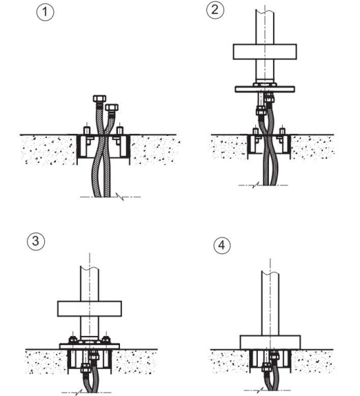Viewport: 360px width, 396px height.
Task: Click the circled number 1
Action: click(45, 12)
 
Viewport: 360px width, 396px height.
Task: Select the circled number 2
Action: click(215, 10)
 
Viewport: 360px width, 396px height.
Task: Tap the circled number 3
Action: click(36, 241)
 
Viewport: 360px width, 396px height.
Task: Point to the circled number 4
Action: click(222, 246)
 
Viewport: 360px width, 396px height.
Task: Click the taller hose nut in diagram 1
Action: click(100, 98)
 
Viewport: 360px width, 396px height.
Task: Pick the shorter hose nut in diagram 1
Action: click(112, 108)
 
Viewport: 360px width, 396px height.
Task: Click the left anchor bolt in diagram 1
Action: click(87, 129)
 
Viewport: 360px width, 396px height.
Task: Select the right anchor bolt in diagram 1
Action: click(120, 129)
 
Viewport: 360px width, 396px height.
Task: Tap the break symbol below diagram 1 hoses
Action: click(120, 197)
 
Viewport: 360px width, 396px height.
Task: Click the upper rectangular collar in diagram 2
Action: click(264, 51)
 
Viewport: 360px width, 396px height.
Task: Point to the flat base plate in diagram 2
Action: click(265, 89)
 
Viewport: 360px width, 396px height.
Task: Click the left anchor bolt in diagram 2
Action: click(256, 131)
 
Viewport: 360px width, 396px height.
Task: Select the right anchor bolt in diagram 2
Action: click(282, 131)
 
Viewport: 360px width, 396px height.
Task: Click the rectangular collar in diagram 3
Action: click(90, 309)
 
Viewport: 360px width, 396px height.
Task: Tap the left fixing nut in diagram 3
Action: click(73, 339)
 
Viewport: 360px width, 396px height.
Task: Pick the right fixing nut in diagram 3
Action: click(106, 339)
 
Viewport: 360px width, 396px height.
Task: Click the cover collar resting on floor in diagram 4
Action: click(270, 343)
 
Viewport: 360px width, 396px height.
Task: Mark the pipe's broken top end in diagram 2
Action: click(265, 12)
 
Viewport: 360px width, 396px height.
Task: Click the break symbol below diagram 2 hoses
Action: click(255, 185)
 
